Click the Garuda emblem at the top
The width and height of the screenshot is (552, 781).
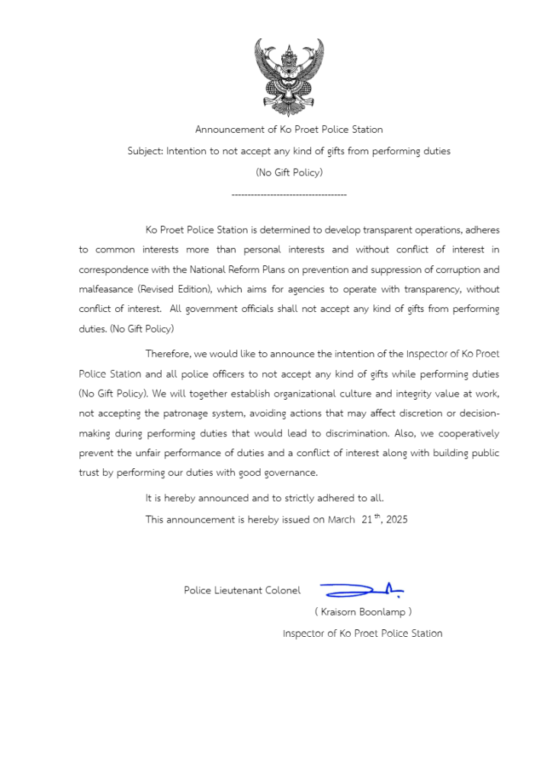288,76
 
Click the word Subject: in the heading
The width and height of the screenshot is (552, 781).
145,151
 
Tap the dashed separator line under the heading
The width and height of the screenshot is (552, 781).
288,196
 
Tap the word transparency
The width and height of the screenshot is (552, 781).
427,289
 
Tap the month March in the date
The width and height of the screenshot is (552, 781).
341,520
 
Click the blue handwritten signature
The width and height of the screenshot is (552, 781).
362,589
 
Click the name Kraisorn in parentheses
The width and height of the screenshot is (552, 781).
339,612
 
